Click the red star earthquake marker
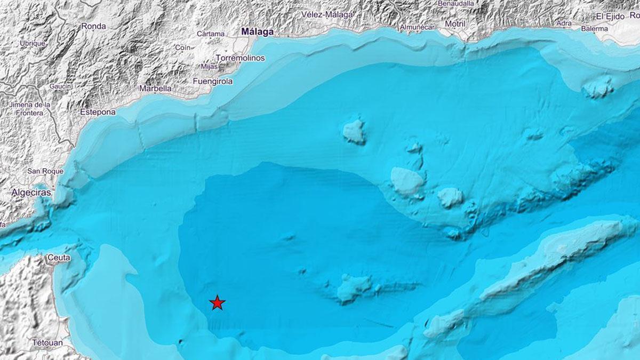[x=217, y=302]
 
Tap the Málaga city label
[x=257, y=32]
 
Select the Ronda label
[x=93, y=26]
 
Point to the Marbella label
[x=155, y=89]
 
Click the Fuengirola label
[x=212, y=82]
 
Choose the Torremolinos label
[x=240, y=58]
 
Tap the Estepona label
[x=98, y=112]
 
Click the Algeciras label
[x=32, y=193]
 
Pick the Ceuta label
[x=59, y=258]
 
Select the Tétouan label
[x=47, y=342]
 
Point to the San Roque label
[x=45, y=171]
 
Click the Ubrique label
[x=33, y=43]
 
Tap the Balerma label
[x=594, y=28]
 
